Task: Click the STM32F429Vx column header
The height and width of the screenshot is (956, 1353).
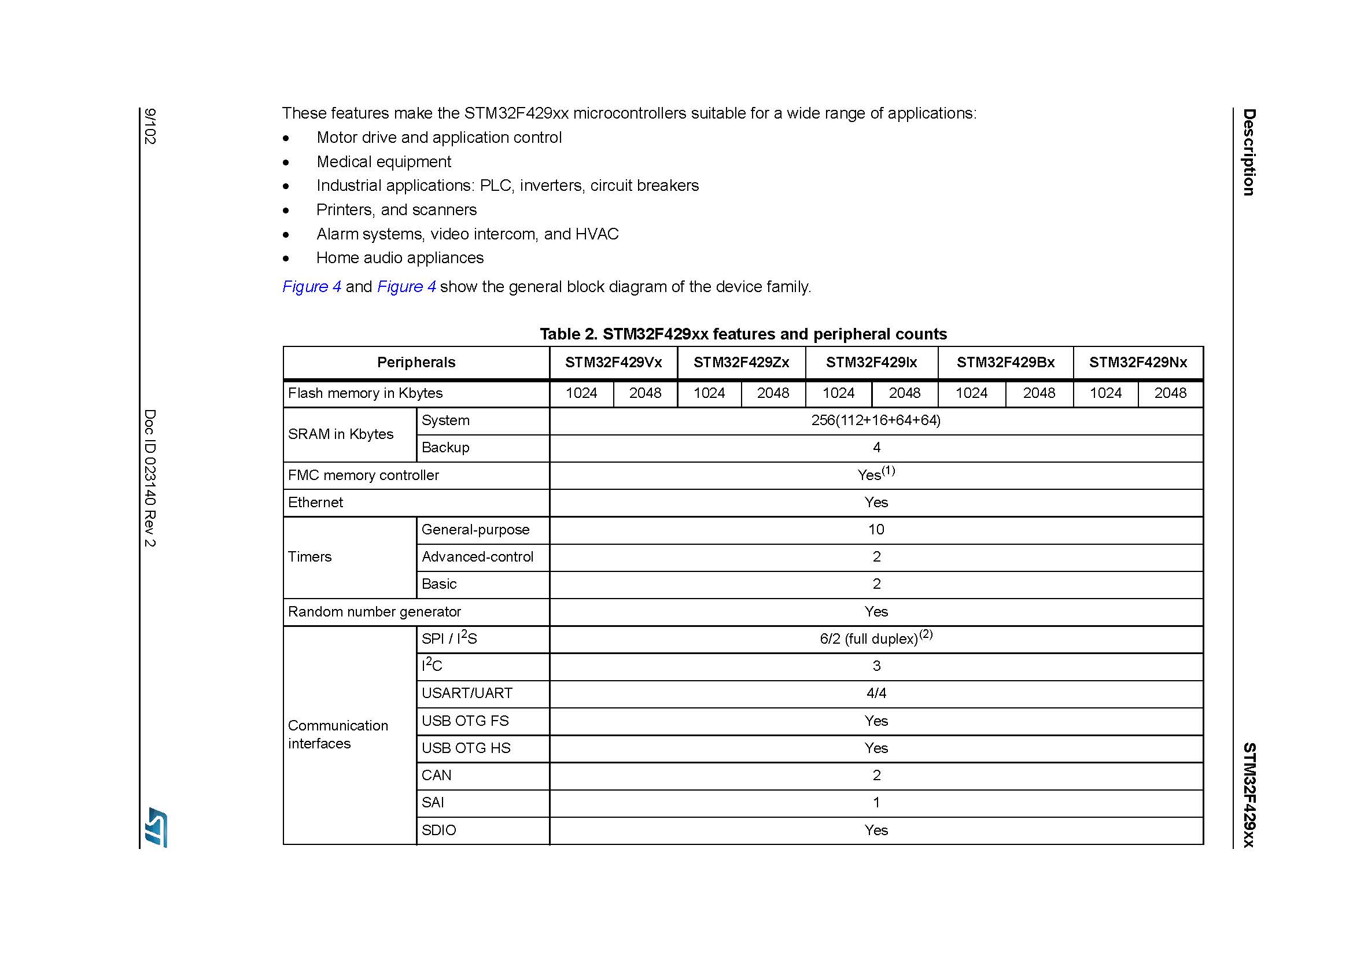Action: point(613,362)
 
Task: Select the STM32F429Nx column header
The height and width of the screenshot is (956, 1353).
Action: point(1137,362)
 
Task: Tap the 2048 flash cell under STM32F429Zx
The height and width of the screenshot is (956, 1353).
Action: point(773,393)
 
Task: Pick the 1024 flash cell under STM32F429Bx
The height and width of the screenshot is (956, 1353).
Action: point(971,393)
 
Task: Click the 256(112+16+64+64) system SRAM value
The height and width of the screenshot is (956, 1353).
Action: point(876,420)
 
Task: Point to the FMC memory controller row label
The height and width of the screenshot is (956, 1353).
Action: point(363,475)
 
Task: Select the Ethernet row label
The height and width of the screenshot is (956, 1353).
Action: point(315,503)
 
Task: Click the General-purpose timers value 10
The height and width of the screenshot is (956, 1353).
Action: point(876,530)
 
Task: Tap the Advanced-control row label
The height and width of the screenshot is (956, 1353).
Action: point(477,556)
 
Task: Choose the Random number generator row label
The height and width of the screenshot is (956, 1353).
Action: point(374,612)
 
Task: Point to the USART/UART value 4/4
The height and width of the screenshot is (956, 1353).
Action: point(876,693)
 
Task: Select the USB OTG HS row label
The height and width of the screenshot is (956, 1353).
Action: point(466,748)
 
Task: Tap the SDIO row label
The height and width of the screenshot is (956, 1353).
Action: point(438,830)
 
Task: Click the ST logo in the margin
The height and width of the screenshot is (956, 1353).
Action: point(156,827)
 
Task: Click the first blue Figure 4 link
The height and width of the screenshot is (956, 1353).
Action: point(311,287)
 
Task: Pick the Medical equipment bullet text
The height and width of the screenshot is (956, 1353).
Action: point(384,162)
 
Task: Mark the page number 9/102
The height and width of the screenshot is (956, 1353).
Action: point(150,126)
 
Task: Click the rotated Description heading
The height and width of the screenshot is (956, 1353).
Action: point(1249,152)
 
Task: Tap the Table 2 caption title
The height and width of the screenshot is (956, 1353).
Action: point(743,334)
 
